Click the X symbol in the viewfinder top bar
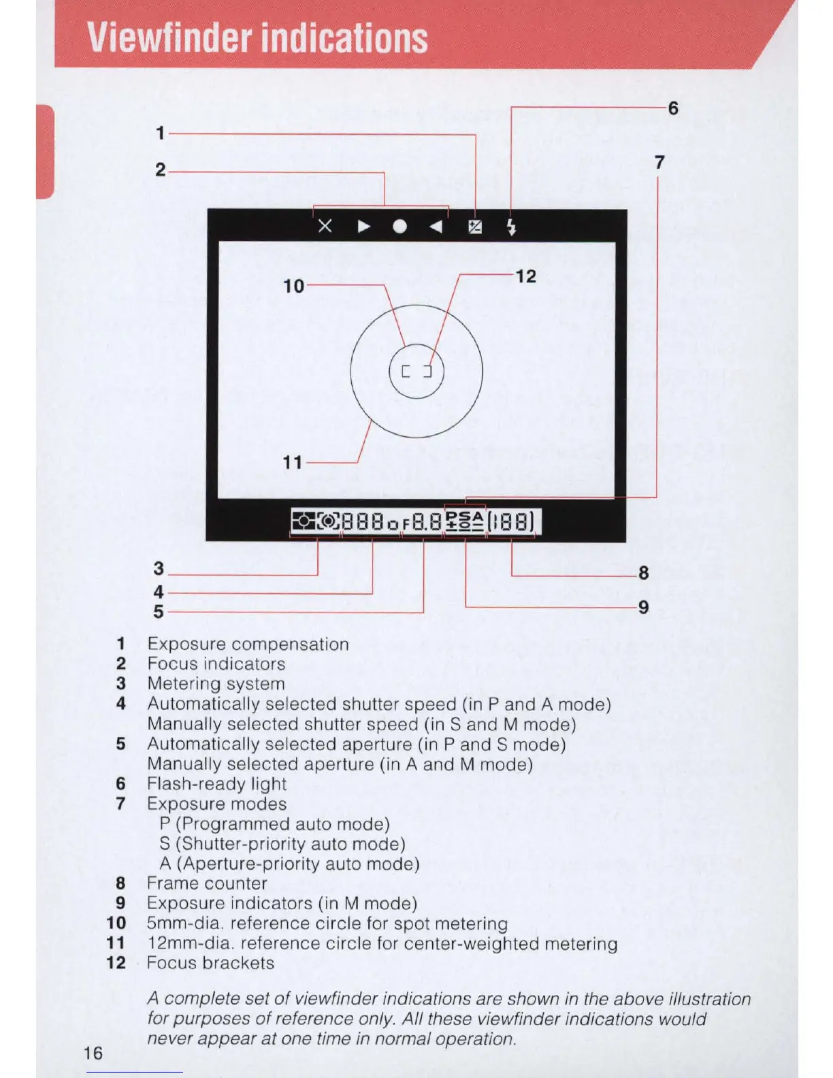pos(325,226)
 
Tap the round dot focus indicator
pos(400,227)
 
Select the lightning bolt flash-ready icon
pos(512,227)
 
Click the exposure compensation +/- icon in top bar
pos(475,227)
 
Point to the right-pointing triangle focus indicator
pos(364,227)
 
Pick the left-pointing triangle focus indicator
pos(436,227)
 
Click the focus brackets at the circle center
pos(416,372)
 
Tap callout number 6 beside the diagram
pos(673,108)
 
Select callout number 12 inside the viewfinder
pos(525,276)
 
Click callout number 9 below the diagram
pos(643,607)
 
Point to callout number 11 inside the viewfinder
pos(293,463)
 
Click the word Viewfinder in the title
pos(170,38)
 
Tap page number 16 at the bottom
pos(93,1053)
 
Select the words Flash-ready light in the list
pos(216,784)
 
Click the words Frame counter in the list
pos(207,883)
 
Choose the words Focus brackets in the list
pos(210,963)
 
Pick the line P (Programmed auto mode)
pos(274,824)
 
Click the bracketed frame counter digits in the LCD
pos(511,523)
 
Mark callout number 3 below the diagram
pos(159,568)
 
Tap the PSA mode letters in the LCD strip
pos(465,517)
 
